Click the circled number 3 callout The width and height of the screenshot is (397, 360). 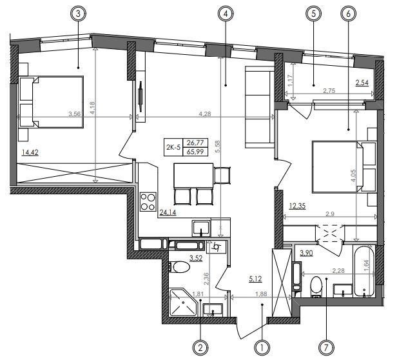(x=78, y=14)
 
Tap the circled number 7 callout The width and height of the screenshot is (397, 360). (x=326, y=348)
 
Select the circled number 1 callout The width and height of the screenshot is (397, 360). (x=262, y=348)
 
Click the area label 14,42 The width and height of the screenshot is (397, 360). (x=30, y=153)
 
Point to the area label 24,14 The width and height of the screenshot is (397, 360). (x=168, y=213)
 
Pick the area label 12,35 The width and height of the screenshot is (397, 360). (x=298, y=206)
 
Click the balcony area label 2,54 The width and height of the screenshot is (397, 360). (x=362, y=83)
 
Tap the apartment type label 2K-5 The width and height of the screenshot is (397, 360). (x=173, y=147)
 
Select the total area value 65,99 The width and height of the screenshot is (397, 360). (x=195, y=152)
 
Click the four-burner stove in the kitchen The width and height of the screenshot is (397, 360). (x=148, y=202)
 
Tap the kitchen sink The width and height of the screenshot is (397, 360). (x=201, y=228)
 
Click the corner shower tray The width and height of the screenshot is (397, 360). (x=183, y=302)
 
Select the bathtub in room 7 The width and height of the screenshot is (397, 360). (x=364, y=271)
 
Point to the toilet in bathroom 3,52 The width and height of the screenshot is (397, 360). (x=179, y=267)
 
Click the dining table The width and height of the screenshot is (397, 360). (x=194, y=175)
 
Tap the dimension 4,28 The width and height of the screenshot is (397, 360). (x=205, y=114)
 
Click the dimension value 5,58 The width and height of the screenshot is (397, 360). (x=218, y=146)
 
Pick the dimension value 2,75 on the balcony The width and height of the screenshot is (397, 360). (x=329, y=91)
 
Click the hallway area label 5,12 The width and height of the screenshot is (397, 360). (x=255, y=279)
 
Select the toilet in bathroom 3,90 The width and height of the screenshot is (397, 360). (x=316, y=286)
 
